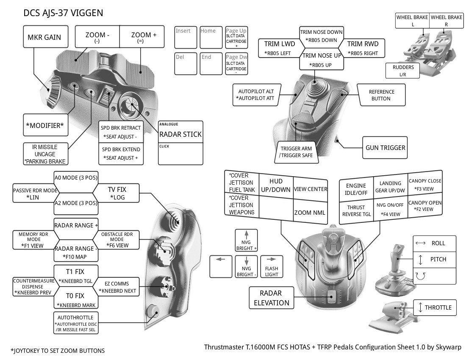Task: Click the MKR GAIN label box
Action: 44,37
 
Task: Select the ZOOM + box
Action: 144,37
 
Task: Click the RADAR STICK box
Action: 180,134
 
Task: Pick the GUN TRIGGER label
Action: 385,148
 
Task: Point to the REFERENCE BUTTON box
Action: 381,95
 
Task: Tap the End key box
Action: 211,64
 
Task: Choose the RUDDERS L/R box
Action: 402,71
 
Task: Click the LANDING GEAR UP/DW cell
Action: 390,187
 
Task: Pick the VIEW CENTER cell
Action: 310,189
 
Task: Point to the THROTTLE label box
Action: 435,307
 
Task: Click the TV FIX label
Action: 117,194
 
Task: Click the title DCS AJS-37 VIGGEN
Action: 63,13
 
